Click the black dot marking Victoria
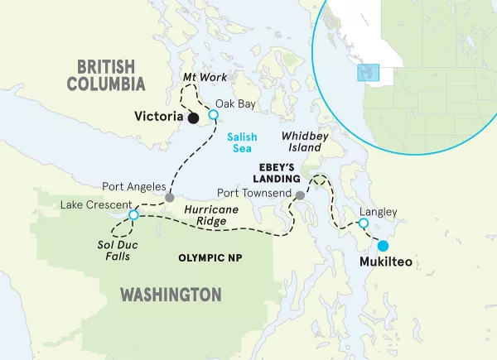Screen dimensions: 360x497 193,118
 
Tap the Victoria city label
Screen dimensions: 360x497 157,118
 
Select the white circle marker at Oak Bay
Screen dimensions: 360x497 213,115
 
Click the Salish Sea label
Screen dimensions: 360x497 241,142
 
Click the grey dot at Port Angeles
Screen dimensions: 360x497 169,198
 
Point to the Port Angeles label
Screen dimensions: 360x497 133,187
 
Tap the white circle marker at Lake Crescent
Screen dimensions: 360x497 133,215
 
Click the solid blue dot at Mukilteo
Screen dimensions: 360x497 383,246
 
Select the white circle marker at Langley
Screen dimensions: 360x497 363,223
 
